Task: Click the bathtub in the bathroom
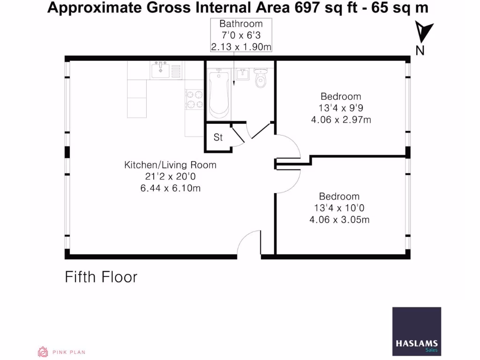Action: pos(218,94)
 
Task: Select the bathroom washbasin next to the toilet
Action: pos(242,74)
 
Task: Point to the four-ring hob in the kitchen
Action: pos(195,99)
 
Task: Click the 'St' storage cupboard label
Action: pos(218,138)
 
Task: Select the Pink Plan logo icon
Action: pos(43,352)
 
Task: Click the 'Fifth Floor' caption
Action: pos(101,277)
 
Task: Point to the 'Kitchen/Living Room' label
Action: pos(170,165)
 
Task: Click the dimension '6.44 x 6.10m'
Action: pos(170,188)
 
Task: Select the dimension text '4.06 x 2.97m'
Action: pos(341,120)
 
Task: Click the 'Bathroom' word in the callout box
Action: pos(241,24)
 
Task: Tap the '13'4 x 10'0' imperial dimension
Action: pos(339,208)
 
